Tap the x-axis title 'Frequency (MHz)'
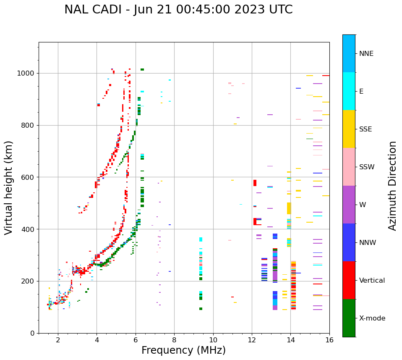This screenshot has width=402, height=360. pos(183,350)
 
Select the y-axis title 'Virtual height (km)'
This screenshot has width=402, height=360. pos(9,187)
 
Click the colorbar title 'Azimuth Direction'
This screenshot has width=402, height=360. pos(392,186)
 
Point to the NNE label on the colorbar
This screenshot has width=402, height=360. pos(366,54)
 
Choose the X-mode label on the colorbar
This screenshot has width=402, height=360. pos(372,318)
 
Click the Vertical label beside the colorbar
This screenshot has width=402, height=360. pos(372,281)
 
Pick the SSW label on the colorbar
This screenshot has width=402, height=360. pos(367,167)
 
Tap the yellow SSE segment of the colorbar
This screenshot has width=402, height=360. pos(349,129)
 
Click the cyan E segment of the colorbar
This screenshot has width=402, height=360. pos(349,91)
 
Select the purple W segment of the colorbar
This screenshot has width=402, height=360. pos(349,205)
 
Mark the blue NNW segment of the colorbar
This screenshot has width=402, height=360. pos(349,242)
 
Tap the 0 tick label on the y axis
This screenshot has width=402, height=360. pos(32,333)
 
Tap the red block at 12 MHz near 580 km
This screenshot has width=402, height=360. pos(255,183)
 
